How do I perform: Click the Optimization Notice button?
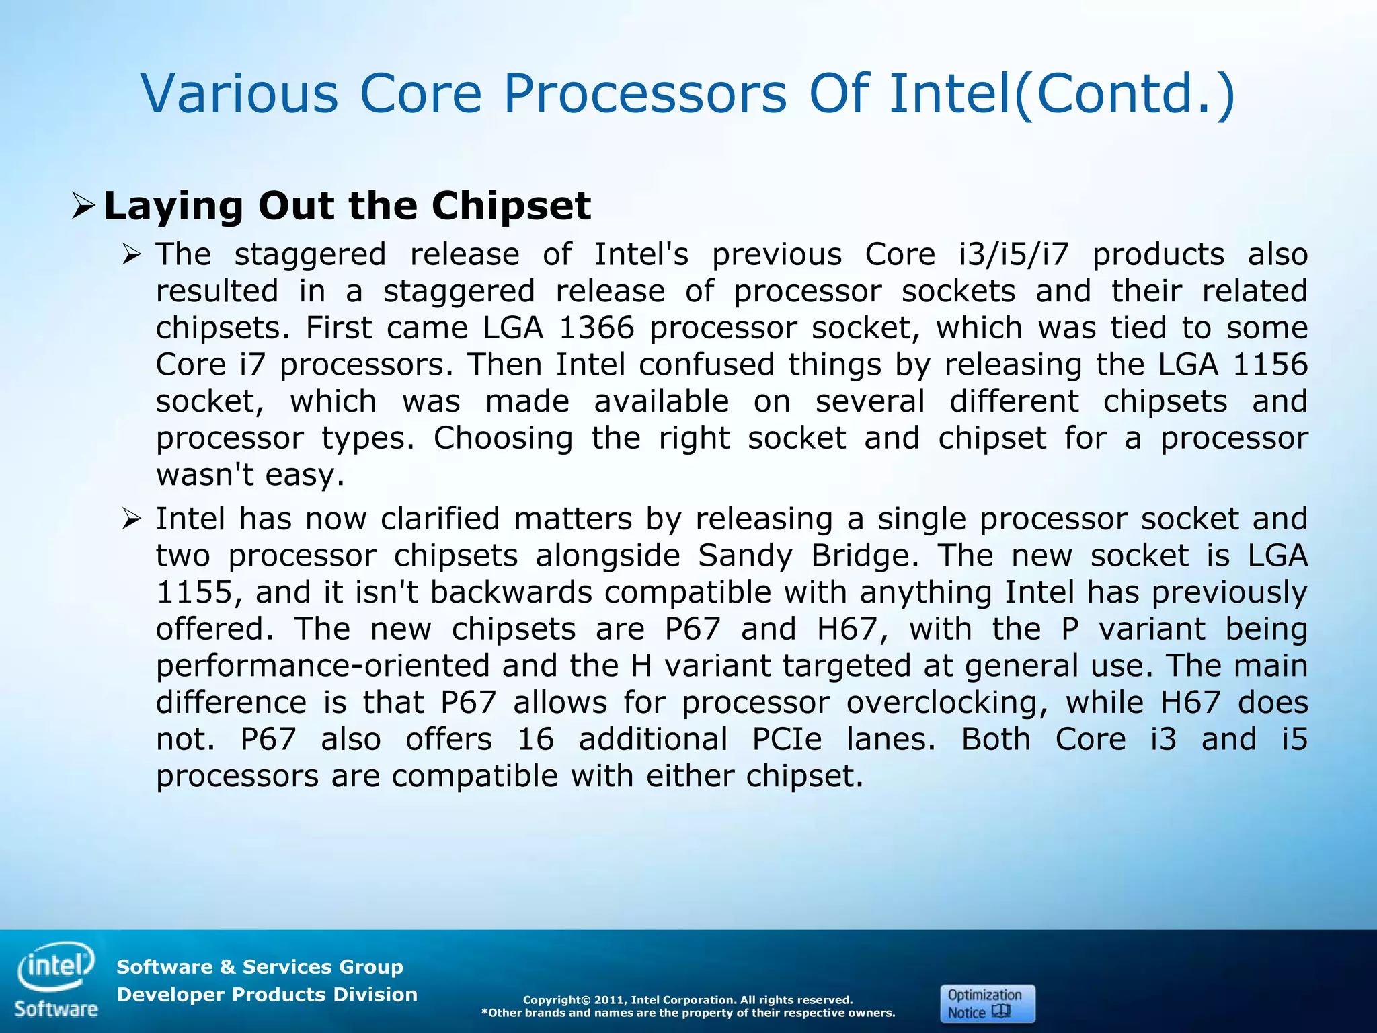tap(986, 1003)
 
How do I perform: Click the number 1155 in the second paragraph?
tap(194, 592)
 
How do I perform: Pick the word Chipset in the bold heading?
tap(511, 206)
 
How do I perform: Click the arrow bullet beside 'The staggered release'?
tap(131, 255)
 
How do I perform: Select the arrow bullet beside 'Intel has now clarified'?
tap(131, 519)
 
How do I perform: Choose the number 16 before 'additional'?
tap(535, 740)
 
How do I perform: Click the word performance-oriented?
tap(323, 666)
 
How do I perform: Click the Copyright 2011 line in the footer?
tap(687, 1000)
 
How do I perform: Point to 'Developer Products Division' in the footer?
tap(267, 995)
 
